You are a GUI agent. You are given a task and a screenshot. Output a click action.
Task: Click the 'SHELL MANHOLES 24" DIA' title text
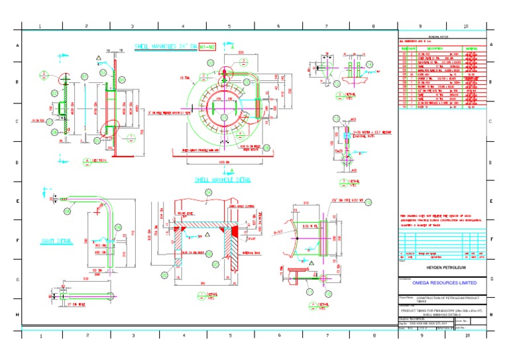pyautogui.click(x=166, y=47)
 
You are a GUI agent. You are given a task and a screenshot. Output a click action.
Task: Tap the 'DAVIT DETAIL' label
pyautogui.click(x=56, y=240)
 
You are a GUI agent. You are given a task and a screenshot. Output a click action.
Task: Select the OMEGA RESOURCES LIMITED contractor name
pyautogui.click(x=443, y=282)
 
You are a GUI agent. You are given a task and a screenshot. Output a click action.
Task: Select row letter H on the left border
pyautogui.click(x=17, y=314)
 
